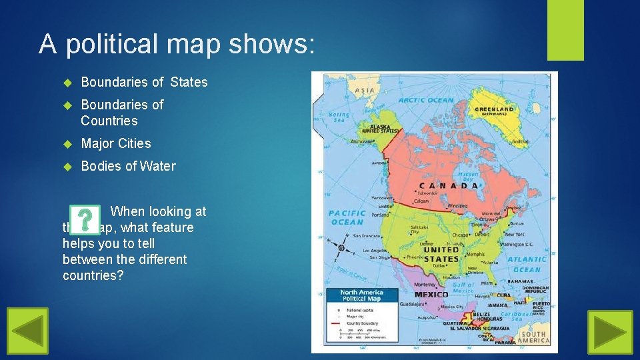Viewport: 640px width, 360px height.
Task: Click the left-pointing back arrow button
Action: (27, 331)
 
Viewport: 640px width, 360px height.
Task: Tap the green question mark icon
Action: (85, 220)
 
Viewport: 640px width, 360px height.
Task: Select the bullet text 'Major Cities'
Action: (116, 143)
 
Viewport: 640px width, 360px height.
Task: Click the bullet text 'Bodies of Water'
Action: (128, 166)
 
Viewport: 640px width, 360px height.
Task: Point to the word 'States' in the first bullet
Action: (189, 82)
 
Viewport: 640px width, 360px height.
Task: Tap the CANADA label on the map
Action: (448, 185)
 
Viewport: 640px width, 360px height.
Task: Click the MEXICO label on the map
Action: (431, 294)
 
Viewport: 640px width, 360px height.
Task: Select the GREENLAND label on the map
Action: (494, 109)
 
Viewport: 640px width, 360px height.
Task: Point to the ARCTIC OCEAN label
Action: (425, 101)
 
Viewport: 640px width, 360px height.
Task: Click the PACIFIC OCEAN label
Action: (347, 218)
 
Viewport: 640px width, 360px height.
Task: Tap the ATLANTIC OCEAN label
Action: (527, 265)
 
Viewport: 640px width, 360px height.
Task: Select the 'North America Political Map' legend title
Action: (361, 295)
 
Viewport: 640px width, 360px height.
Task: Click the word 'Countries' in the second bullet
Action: (109, 121)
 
